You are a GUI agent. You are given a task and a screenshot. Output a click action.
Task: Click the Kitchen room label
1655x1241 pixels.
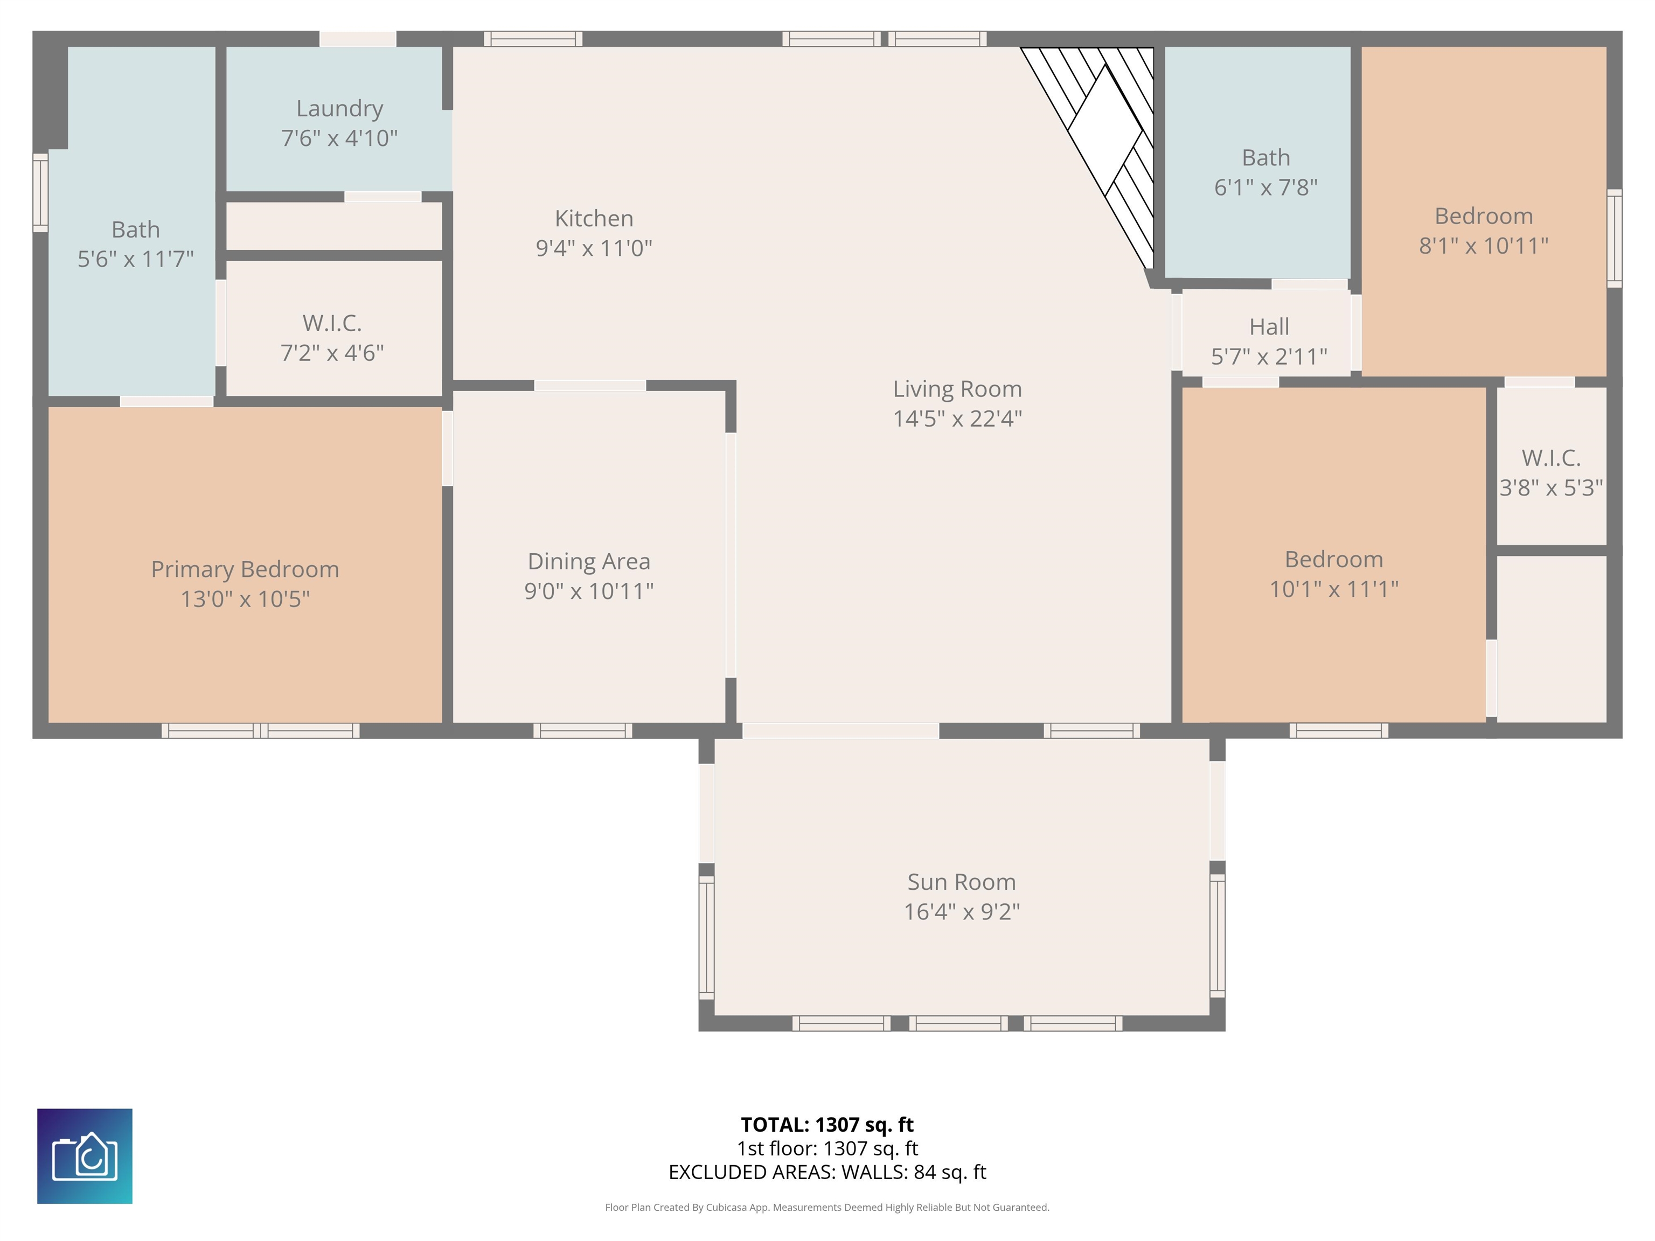pyautogui.click(x=594, y=219)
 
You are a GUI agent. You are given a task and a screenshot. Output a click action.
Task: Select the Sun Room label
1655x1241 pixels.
pyautogui.click(x=962, y=882)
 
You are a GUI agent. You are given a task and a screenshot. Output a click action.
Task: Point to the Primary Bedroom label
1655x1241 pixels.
pyautogui.click(x=246, y=569)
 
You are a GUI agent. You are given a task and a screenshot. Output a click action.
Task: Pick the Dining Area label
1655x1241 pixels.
pyautogui.click(x=589, y=561)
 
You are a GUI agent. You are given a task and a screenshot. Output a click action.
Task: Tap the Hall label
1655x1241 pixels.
pyautogui.click(x=1269, y=327)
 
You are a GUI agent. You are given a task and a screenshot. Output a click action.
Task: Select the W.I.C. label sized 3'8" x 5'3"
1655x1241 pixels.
pyautogui.click(x=1551, y=458)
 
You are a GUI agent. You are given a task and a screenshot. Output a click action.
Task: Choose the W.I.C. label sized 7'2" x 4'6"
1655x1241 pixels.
pyautogui.click(x=332, y=323)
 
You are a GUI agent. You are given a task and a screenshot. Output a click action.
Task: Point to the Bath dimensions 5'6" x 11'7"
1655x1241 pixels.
pyautogui.click(x=135, y=259)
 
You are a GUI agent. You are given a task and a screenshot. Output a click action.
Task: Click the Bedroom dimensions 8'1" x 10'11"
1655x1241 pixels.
pyautogui.click(x=1483, y=246)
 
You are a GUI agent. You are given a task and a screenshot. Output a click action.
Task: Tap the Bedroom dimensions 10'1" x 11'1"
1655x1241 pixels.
pyautogui.click(x=1333, y=589)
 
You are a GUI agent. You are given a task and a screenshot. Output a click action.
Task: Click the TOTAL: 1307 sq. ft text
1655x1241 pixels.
pyautogui.click(x=827, y=1124)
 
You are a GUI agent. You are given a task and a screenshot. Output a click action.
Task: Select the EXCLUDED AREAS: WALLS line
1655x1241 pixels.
pyautogui.click(x=827, y=1172)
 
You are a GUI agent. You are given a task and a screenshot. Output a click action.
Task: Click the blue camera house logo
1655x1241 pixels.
pyautogui.click(x=85, y=1156)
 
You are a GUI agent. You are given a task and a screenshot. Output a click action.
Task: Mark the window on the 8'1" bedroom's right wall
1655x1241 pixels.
pyautogui.click(x=1615, y=238)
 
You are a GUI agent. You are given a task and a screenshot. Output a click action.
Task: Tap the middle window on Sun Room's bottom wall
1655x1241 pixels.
pyautogui.click(x=958, y=1023)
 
